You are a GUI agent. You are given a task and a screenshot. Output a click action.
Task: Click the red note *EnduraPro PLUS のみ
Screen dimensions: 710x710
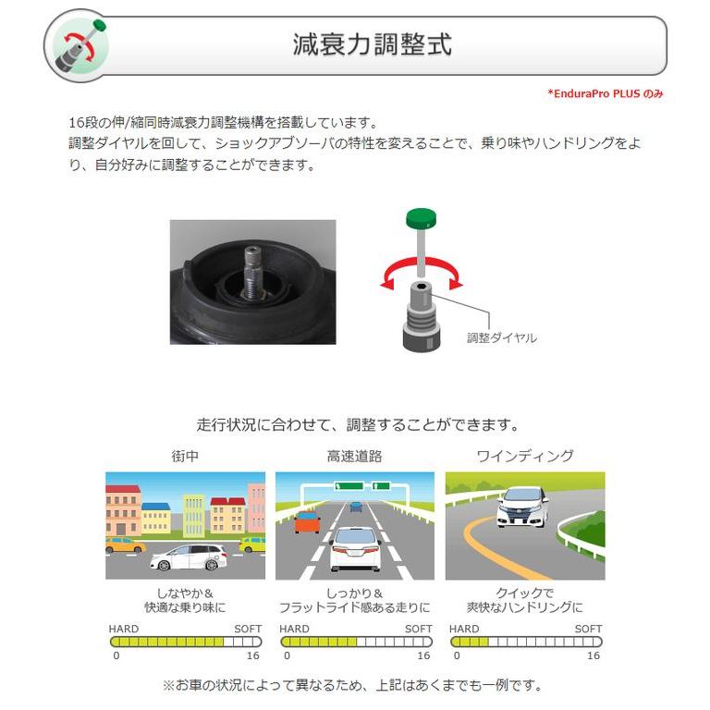[x=605, y=93]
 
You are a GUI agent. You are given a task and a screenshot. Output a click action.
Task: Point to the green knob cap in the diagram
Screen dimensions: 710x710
[x=422, y=218]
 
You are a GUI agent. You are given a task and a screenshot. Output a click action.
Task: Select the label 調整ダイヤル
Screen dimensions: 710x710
[x=501, y=338]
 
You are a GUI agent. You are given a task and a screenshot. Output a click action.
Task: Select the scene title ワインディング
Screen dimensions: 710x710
[x=524, y=456]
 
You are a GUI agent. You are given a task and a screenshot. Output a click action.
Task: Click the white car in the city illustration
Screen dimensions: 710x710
[x=188, y=557]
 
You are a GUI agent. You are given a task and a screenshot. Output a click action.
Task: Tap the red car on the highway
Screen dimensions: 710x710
[x=307, y=522]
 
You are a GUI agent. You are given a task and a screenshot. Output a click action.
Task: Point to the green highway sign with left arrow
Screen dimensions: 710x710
[x=349, y=485]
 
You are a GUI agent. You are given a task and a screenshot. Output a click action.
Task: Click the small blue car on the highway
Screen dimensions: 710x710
[x=356, y=506]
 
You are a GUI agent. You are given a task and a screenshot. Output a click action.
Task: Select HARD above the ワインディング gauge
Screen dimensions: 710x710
[x=465, y=629]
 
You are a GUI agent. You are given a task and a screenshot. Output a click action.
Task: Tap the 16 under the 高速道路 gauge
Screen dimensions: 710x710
[x=422, y=655]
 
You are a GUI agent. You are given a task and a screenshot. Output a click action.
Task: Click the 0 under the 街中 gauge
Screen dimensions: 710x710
[x=116, y=655]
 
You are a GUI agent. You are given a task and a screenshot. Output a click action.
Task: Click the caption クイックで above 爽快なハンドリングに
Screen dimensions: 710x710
[x=524, y=594]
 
